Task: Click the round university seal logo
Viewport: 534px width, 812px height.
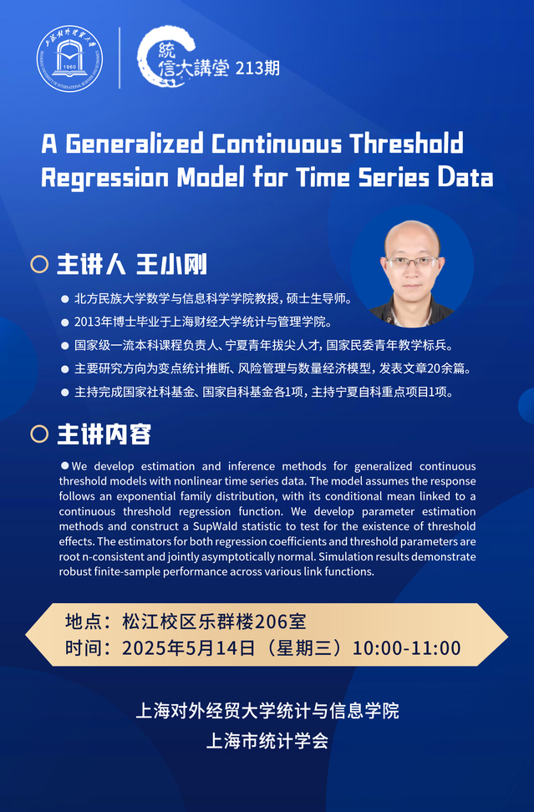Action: [69, 58]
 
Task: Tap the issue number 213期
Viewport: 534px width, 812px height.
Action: [257, 68]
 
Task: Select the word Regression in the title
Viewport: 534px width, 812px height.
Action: [104, 178]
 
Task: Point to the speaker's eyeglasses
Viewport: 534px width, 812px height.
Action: [412, 262]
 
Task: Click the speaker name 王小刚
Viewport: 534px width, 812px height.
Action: [171, 264]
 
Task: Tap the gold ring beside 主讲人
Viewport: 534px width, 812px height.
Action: [39, 264]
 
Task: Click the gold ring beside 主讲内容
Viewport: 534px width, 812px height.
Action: [39, 434]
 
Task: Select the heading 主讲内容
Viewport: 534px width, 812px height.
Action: [104, 434]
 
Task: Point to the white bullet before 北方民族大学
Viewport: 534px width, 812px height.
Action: [64, 299]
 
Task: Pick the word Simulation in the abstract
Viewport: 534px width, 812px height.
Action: [343, 556]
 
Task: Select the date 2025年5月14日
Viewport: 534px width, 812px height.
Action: [189, 647]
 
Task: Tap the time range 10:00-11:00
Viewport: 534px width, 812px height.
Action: [407, 647]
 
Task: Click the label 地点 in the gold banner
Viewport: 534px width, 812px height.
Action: [84, 621]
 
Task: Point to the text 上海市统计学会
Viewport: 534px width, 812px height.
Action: [267, 740]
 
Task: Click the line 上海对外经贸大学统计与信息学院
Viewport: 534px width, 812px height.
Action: [267, 710]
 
